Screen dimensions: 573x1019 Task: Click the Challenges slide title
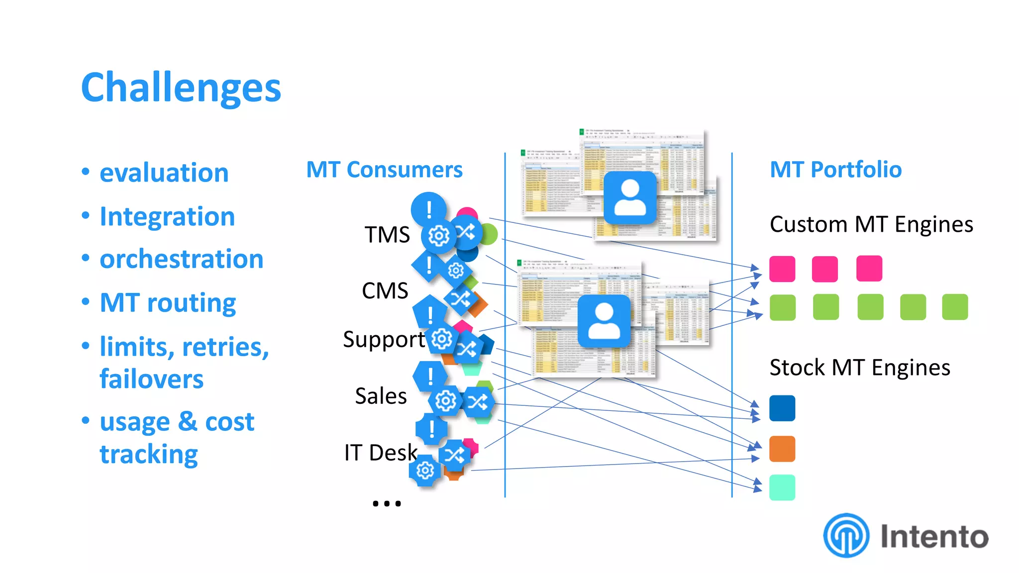[181, 88]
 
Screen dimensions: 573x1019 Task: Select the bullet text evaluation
[164, 173]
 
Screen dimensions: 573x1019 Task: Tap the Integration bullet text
[167, 217]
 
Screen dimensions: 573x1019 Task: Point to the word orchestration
[181, 260]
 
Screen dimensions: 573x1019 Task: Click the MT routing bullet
[168, 303]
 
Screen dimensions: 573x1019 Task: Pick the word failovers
[151, 380]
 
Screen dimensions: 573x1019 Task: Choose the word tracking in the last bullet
[148, 454]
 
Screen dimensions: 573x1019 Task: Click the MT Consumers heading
[384, 170]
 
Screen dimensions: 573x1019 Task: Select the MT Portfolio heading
[835, 170]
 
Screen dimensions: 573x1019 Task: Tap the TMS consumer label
[387, 235]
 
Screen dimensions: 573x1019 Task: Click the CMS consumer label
[385, 291]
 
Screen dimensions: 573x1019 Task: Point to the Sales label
[381, 396]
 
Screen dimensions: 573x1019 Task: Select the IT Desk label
[380, 453]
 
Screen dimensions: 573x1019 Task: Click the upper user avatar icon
[630, 198]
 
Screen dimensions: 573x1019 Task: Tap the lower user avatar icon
[604, 321]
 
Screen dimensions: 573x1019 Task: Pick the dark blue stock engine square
[782, 408]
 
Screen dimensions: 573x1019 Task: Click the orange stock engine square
[782, 449]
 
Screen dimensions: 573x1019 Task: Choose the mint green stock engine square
[782, 487]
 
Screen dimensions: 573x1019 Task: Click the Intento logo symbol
[846, 536]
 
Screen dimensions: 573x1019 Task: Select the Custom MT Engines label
[871, 225]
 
